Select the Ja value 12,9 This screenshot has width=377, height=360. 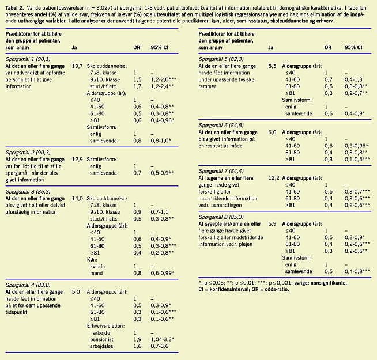pyautogui.click(x=77, y=158)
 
